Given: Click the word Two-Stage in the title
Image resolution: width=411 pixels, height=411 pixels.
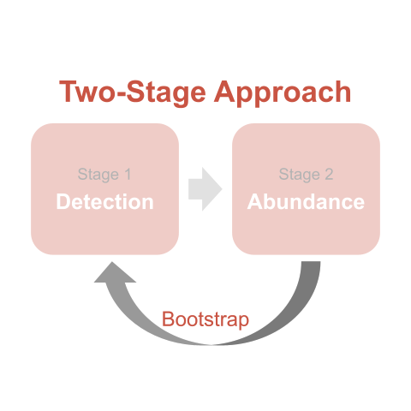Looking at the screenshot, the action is click(x=133, y=92).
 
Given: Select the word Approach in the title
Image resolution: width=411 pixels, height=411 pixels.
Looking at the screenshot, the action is click(x=283, y=92).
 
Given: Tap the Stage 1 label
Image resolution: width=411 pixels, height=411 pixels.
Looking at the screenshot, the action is click(x=104, y=175).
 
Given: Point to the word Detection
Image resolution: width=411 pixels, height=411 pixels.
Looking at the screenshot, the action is click(x=105, y=202).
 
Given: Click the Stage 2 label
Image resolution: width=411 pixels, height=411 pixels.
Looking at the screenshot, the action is click(x=306, y=175).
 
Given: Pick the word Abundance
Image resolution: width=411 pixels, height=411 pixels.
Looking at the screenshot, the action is click(x=306, y=202).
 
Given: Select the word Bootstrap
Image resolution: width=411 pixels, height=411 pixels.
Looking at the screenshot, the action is click(x=205, y=319).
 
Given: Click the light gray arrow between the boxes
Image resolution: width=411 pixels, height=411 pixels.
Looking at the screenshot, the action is click(x=205, y=189).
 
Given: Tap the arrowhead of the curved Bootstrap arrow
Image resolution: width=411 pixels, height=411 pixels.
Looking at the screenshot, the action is click(x=115, y=272).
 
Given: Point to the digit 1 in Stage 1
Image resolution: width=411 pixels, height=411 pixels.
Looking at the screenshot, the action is click(x=128, y=174).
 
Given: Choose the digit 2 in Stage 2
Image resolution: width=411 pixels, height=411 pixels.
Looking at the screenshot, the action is click(x=329, y=174).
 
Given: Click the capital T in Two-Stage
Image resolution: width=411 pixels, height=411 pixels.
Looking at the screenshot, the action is click(x=68, y=92).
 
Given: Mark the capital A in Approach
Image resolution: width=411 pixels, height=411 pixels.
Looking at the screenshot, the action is click(x=224, y=92).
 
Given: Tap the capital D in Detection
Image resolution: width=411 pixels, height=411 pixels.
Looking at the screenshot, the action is click(x=63, y=202).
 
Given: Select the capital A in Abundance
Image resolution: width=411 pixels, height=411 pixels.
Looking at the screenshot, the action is click(x=255, y=202).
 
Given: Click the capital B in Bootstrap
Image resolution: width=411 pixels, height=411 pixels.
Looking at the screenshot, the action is click(x=168, y=319).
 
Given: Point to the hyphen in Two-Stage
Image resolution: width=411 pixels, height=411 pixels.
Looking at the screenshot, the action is click(x=121, y=94).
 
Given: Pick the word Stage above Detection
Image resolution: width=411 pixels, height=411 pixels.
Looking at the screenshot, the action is click(x=98, y=175).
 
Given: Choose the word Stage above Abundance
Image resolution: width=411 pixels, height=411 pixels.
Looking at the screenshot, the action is click(x=300, y=175).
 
